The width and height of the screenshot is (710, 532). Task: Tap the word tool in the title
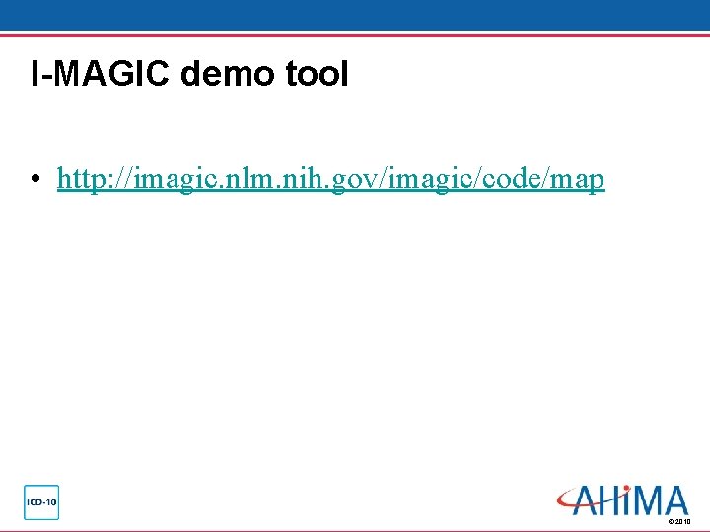317,75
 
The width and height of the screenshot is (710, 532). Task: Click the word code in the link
513,179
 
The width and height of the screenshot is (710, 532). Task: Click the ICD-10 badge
41,501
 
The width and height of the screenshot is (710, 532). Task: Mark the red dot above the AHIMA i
627,489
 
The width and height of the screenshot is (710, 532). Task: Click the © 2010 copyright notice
679,520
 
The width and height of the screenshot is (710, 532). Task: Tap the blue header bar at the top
355,16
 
